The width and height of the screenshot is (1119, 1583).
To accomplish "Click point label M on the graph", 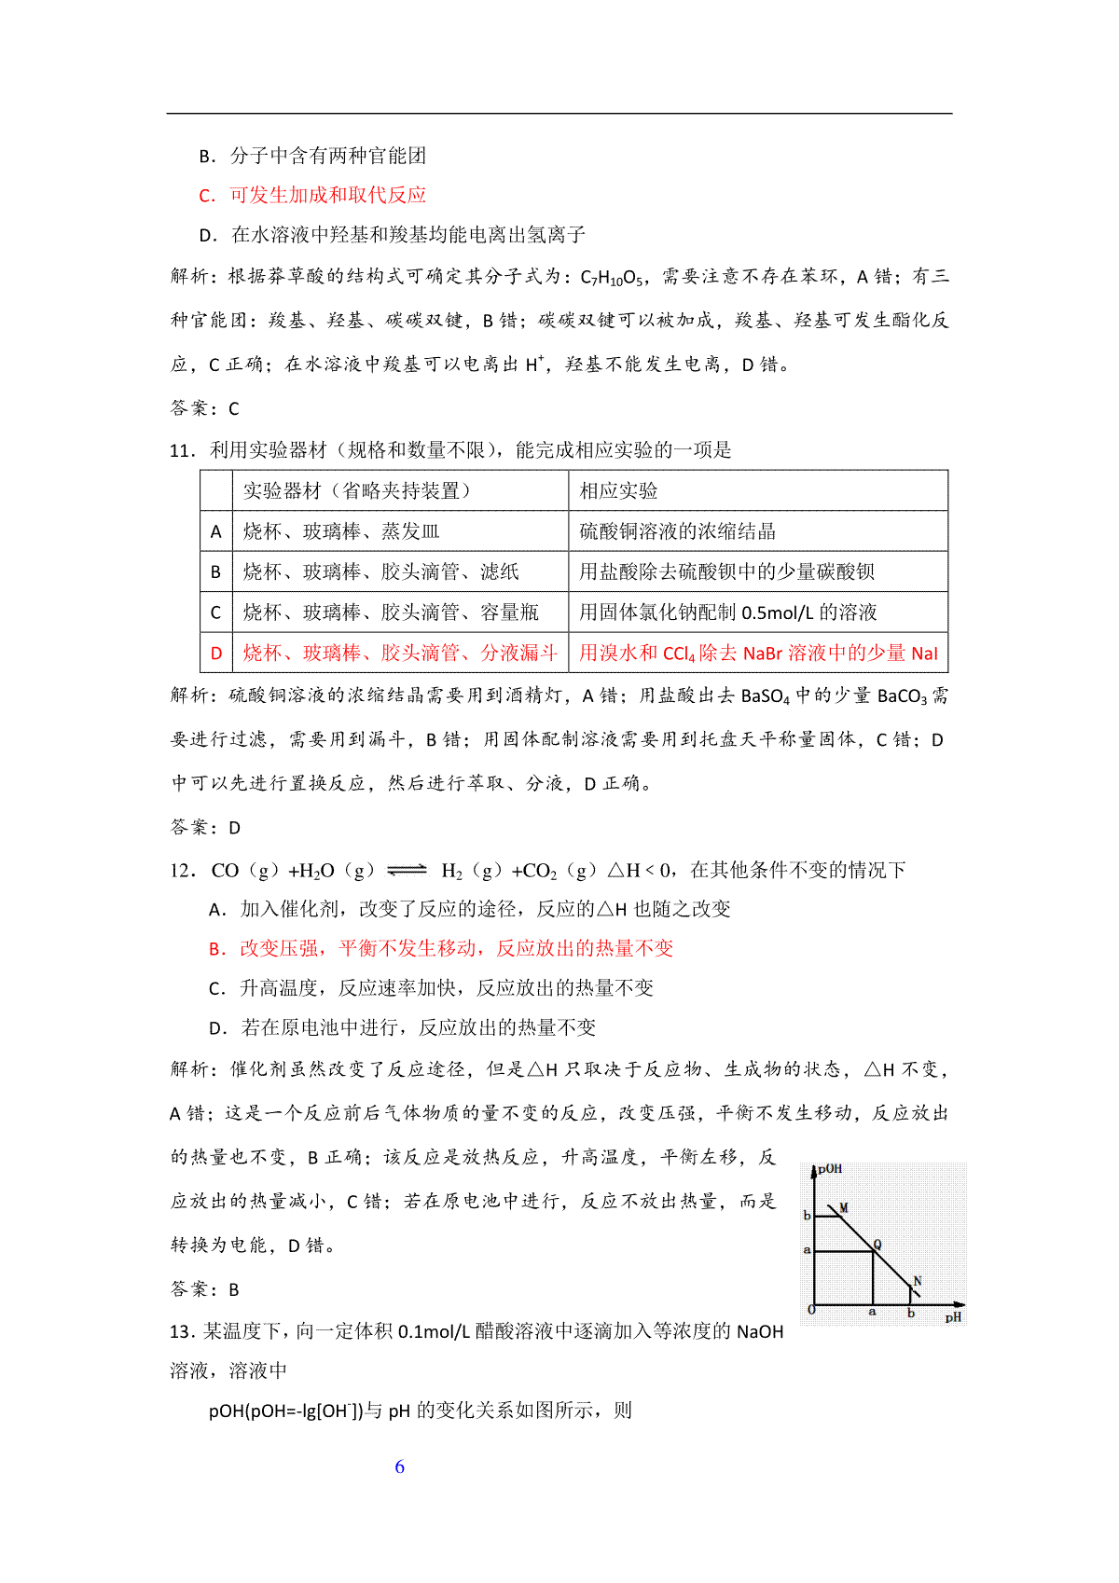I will (x=844, y=1207).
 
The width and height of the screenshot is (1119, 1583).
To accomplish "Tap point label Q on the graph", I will (x=877, y=1245).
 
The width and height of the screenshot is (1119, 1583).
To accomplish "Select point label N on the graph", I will (x=918, y=1281).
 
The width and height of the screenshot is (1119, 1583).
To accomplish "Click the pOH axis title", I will (x=830, y=1168).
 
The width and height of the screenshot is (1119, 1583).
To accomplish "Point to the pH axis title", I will (x=952, y=1317).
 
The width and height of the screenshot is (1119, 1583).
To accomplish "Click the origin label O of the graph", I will (x=811, y=1310).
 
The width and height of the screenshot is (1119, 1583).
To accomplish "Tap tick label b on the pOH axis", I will (x=807, y=1215).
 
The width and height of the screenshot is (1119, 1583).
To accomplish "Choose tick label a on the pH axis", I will (x=872, y=1312).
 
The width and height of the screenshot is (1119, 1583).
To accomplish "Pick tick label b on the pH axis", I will (x=911, y=1314).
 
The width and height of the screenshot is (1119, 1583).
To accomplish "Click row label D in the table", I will (x=216, y=653).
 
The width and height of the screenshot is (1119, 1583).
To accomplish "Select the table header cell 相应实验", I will (x=618, y=490).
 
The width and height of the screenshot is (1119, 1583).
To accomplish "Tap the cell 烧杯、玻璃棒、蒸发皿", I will (x=341, y=531).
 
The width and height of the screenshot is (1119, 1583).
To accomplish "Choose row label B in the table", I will (x=216, y=571).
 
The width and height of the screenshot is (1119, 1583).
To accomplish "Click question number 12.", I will (x=182, y=870).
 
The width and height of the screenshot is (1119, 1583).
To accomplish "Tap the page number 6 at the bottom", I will (x=400, y=1466).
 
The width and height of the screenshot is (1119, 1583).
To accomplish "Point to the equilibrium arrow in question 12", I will (x=407, y=870).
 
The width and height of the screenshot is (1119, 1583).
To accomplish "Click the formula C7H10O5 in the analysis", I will (x=611, y=277).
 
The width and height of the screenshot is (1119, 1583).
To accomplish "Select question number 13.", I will (x=182, y=1331).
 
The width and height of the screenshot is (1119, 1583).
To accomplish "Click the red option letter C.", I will (x=207, y=196).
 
